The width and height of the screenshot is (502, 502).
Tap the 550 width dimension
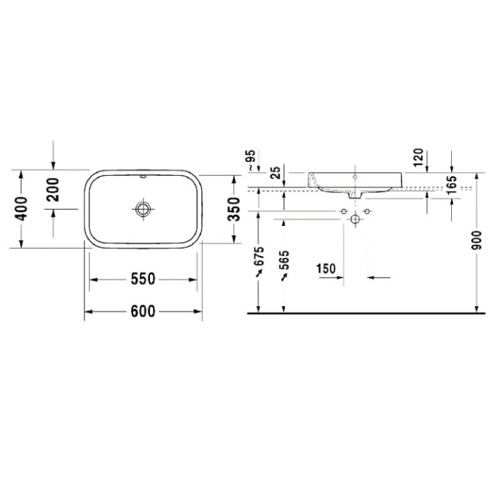click(144, 279)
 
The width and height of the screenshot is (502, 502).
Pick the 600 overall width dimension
click(144, 312)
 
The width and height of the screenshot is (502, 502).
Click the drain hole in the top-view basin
click(144, 208)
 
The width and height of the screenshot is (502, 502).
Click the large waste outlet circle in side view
click(356, 220)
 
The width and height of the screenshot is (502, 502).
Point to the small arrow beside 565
click(284, 277)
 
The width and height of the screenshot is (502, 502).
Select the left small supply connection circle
click(344, 211)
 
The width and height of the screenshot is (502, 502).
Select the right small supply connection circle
click(367, 211)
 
